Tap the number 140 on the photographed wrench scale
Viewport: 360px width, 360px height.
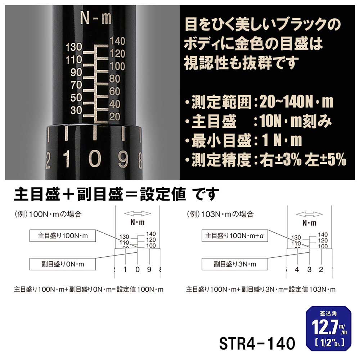tap(117, 41)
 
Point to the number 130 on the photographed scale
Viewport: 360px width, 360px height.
tap(74, 47)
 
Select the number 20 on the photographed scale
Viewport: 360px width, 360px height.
tap(114, 116)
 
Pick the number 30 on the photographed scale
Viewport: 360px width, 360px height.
tap(76, 111)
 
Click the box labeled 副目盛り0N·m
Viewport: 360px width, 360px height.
tap(63, 264)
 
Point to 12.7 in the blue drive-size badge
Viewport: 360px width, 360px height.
tap(321, 328)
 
